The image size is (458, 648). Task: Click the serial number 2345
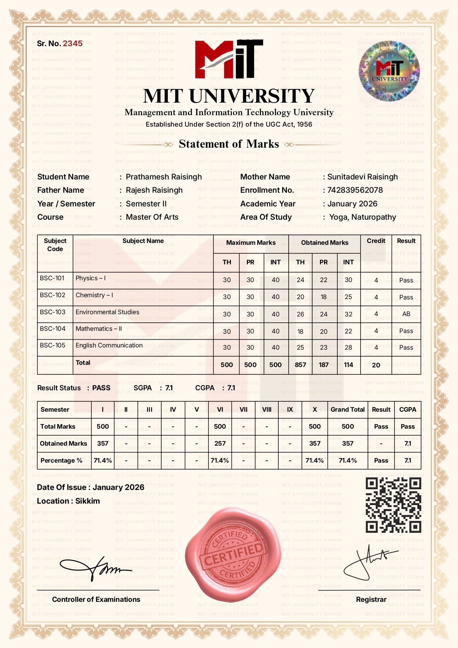pyautogui.click(x=73, y=44)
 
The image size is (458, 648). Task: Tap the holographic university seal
pyautogui.click(x=389, y=71)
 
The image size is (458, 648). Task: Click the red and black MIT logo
pyautogui.click(x=229, y=59)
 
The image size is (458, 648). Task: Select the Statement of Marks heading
pyautogui.click(x=229, y=144)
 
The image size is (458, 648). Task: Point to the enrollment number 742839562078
pyautogui.click(x=355, y=190)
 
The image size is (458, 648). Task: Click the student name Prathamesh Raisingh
pyautogui.click(x=163, y=177)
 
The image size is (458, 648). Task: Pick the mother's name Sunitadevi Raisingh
pyautogui.click(x=362, y=177)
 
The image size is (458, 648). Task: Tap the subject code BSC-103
pyautogui.click(x=52, y=312)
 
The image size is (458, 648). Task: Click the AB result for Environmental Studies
pyautogui.click(x=406, y=314)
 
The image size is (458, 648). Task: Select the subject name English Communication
pyautogui.click(x=109, y=345)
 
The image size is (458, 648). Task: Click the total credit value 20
pyautogui.click(x=376, y=365)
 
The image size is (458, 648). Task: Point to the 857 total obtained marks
pyautogui.click(x=300, y=365)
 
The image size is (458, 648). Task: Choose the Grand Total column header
pyautogui.click(x=347, y=409)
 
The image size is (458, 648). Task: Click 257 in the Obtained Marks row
pyautogui.click(x=220, y=443)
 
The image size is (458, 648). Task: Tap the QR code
pyautogui.click(x=393, y=505)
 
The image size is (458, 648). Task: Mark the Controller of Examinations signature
pyautogui.click(x=96, y=569)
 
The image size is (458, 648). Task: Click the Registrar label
pyautogui.click(x=371, y=599)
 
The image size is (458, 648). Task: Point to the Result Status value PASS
pyautogui.click(x=101, y=388)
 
